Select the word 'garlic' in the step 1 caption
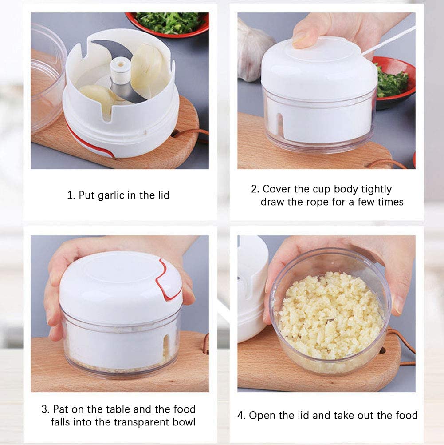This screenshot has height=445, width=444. point(124,195)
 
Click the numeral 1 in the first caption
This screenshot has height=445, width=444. point(70,195)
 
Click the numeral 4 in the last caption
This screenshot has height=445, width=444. point(240,416)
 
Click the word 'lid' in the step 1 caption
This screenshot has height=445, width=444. point(162,195)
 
